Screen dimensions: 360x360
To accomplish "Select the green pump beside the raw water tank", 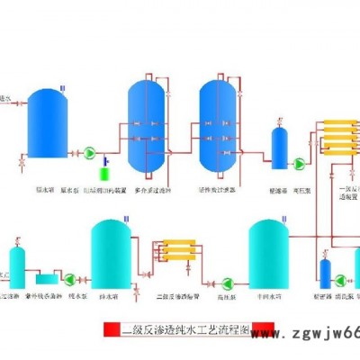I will point(91,154).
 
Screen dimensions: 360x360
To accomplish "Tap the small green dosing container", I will point(106,167).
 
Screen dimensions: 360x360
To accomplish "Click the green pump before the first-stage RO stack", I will point(299,163).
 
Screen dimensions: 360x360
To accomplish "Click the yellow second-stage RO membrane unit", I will point(174,250).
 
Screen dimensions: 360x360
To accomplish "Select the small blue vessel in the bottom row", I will point(326,274).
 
